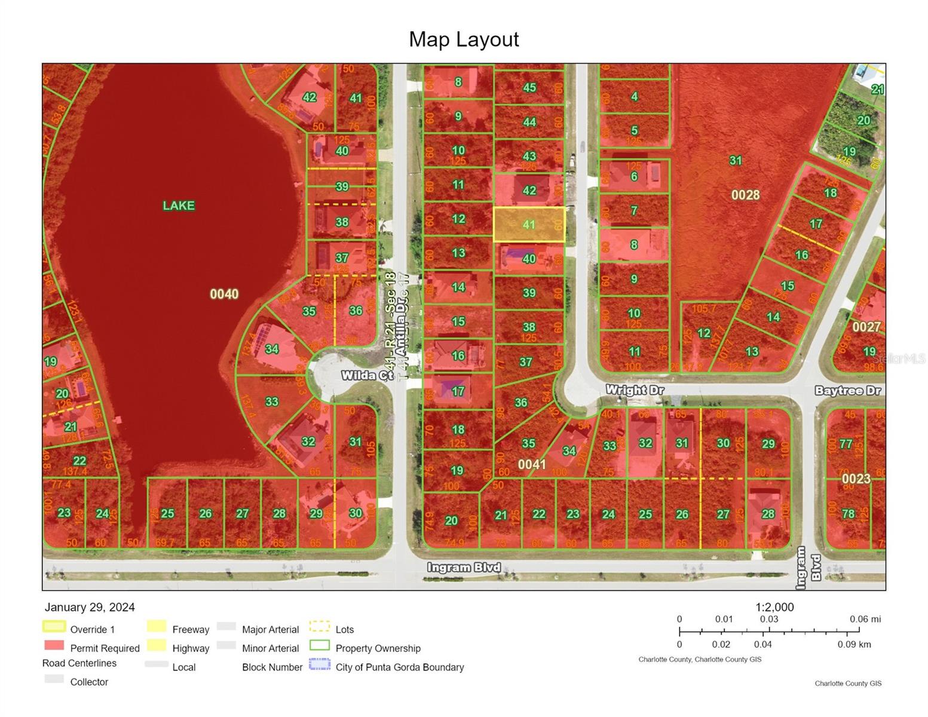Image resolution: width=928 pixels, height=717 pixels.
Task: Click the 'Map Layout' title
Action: point(464,39)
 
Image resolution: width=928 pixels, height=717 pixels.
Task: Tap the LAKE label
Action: point(179,206)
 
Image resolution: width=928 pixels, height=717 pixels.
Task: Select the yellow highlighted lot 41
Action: point(529,225)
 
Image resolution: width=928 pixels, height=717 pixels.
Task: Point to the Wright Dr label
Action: point(635,390)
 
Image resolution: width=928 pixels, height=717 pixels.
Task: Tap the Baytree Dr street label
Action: point(848,391)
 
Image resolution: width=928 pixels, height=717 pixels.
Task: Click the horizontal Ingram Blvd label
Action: point(464,568)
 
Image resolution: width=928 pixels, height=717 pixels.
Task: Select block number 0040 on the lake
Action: point(224,294)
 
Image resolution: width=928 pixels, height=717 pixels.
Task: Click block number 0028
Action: point(745,195)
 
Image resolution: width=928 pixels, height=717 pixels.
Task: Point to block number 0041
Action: point(532,464)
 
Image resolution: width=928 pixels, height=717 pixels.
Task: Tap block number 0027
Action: point(866,327)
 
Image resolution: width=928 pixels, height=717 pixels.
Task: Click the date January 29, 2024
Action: point(90,607)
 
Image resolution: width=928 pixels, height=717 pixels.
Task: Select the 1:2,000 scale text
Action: point(774,607)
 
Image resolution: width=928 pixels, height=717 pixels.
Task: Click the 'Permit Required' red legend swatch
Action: point(54,646)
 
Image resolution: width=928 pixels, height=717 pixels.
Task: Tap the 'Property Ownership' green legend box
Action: point(320,646)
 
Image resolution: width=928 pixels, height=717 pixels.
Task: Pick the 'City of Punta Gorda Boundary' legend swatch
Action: point(320,665)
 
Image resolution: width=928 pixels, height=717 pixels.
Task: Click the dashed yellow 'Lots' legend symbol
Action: point(320,627)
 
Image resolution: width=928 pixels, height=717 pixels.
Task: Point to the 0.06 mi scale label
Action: point(865,620)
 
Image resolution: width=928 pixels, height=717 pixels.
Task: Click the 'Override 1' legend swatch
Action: point(54,627)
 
